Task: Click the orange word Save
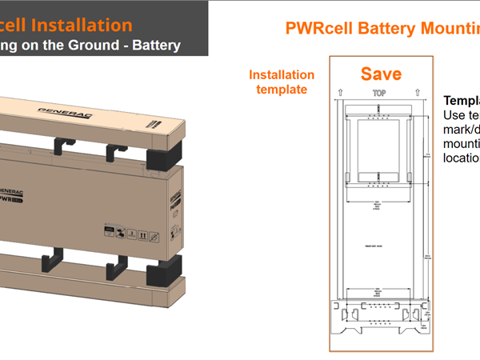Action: tap(380, 74)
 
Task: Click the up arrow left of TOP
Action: tap(342, 94)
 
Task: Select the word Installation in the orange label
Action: tap(282, 75)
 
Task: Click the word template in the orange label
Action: tap(282, 90)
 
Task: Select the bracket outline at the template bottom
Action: tap(380, 315)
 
